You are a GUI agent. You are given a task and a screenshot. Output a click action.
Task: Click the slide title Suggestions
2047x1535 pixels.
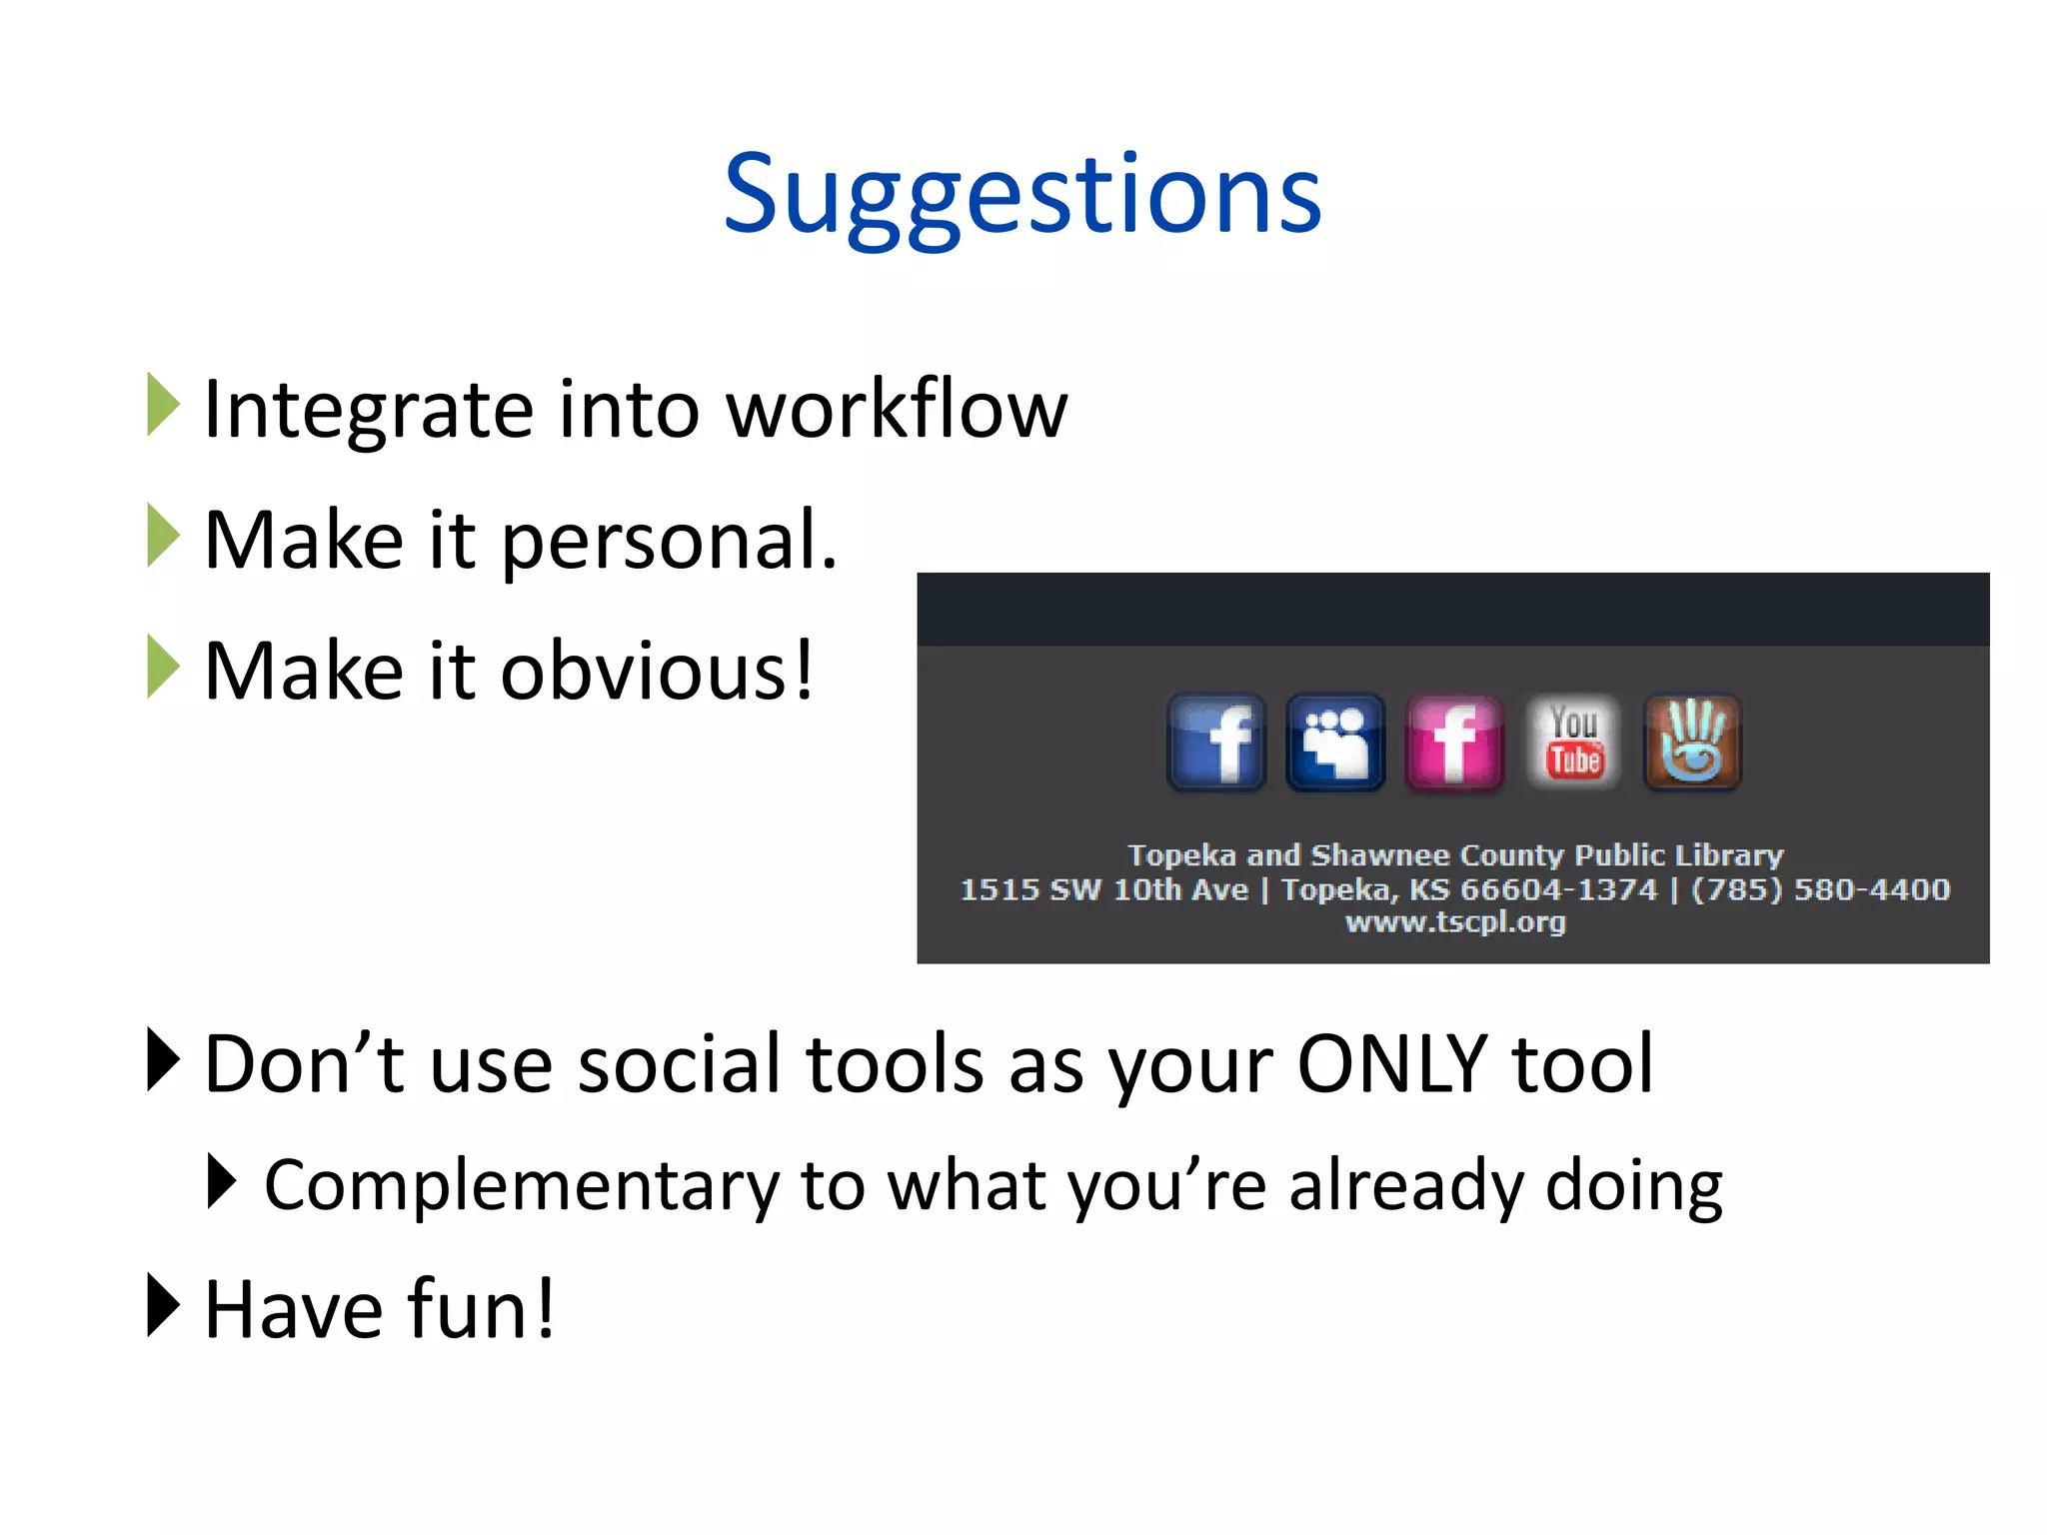point(1023,195)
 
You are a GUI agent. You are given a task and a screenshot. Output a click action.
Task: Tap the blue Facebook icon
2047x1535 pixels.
point(1216,743)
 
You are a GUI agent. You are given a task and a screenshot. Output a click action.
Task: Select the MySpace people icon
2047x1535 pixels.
point(1335,743)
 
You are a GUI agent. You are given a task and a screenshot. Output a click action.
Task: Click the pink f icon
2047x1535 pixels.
point(1454,743)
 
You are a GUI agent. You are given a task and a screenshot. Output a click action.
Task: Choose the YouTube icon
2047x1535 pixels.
point(1573,743)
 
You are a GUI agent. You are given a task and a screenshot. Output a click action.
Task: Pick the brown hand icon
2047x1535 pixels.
point(1692,743)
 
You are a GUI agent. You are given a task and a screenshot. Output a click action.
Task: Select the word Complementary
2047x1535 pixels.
point(520,1186)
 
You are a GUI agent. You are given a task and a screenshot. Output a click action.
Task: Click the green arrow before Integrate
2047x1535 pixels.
point(162,405)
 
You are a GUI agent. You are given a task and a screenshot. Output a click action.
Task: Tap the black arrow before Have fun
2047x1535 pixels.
point(162,1305)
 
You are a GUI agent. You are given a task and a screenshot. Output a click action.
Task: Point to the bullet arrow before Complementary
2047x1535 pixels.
point(221,1181)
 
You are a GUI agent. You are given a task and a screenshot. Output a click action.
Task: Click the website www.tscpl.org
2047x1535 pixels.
point(1454,921)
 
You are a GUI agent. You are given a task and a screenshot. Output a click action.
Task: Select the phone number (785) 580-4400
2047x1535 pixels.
point(1820,888)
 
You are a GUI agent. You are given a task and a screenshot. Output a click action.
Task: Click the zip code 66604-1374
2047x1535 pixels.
point(1558,888)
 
